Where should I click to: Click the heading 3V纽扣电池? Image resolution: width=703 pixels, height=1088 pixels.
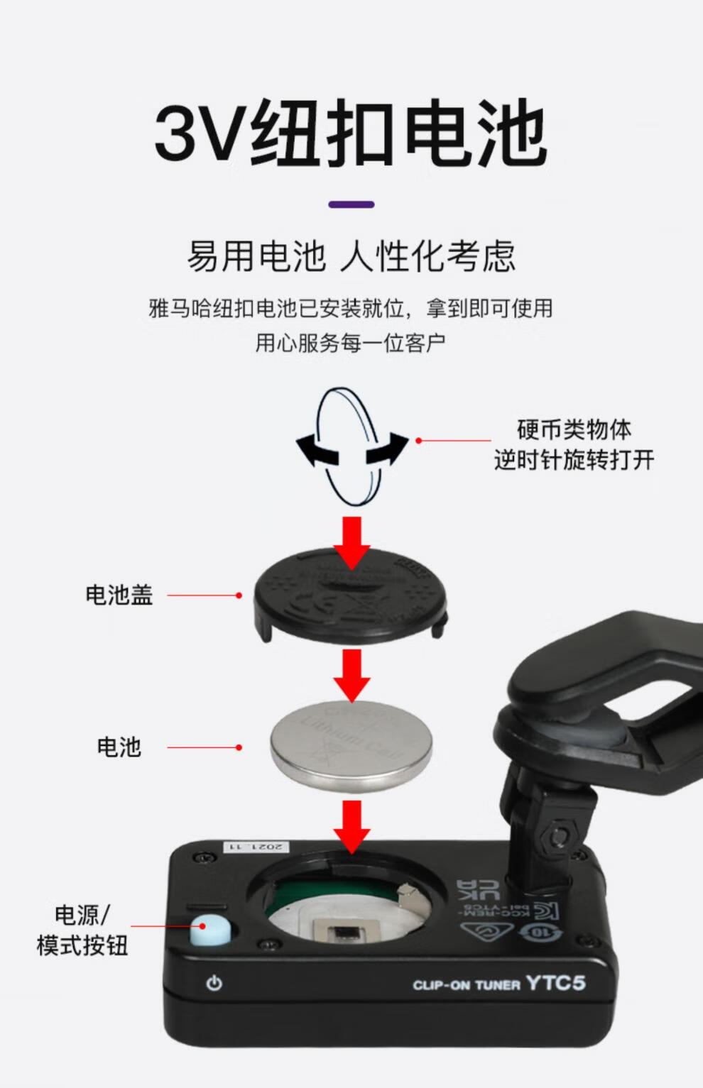click(x=351, y=133)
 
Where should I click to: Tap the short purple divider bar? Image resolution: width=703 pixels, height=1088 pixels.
click(x=351, y=204)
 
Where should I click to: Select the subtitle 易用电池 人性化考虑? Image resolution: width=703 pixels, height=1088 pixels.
click(x=351, y=256)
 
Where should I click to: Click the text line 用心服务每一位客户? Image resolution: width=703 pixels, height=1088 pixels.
click(x=351, y=343)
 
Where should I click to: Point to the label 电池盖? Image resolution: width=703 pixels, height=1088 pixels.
click(x=119, y=595)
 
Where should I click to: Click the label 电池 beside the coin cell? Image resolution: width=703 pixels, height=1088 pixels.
click(x=119, y=747)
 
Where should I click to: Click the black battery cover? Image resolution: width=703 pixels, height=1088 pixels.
click(x=351, y=596)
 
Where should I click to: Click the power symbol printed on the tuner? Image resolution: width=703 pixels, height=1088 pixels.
click(x=214, y=984)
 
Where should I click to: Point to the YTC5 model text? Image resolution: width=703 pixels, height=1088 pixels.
click(x=556, y=983)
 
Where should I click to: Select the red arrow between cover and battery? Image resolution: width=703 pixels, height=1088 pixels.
click(x=351, y=674)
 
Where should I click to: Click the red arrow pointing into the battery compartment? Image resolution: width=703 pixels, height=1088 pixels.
click(x=351, y=825)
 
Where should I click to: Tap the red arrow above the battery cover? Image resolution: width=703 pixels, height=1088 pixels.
click(x=351, y=541)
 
